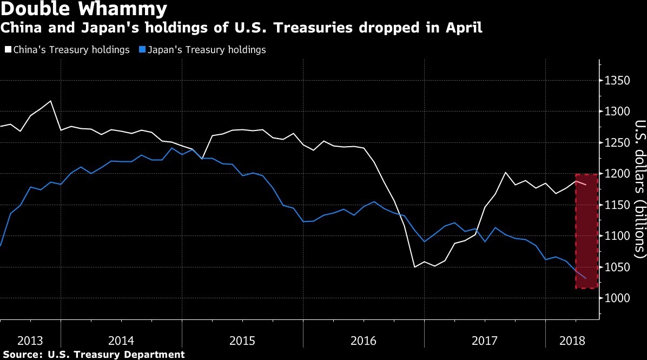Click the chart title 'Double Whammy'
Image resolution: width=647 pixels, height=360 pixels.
pyautogui.click(x=84, y=9)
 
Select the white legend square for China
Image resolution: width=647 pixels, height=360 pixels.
pyautogui.click(x=8, y=50)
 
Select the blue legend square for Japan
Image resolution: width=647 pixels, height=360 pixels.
pyautogui.click(x=143, y=50)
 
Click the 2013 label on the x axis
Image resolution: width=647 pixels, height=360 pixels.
pyautogui.click(x=30, y=341)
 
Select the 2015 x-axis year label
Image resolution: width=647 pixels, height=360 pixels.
pyautogui.click(x=242, y=341)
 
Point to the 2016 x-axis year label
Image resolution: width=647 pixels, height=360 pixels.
pyautogui.click(x=364, y=341)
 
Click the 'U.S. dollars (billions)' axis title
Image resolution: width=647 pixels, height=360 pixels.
pyautogui.click(x=640, y=187)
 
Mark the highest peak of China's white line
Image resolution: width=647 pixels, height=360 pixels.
pyautogui.click(x=51, y=101)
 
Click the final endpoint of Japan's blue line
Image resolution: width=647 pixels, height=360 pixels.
pyautogui.click(x=585, y=278)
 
